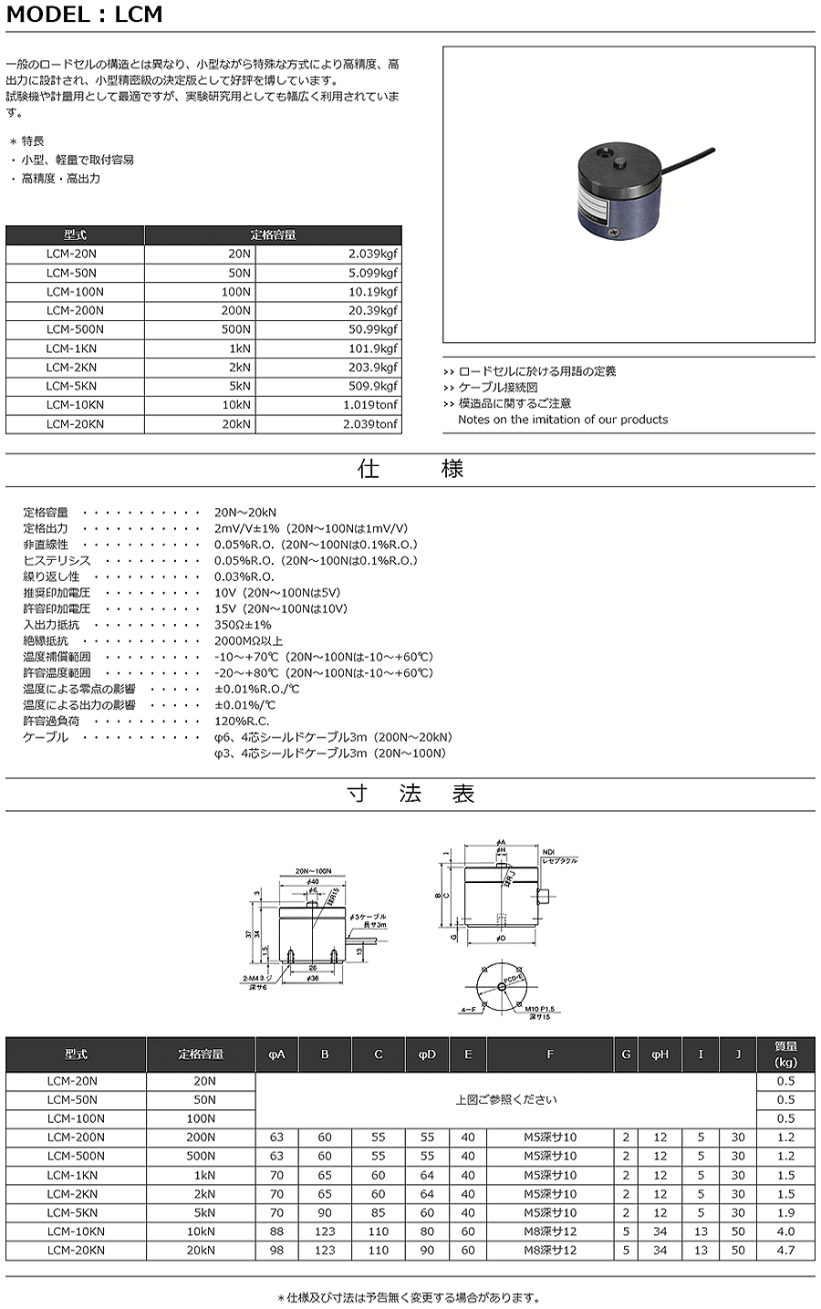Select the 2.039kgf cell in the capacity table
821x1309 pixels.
point(370,254)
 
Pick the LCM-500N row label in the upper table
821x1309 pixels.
point(75,329)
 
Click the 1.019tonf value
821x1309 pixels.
point(370,405)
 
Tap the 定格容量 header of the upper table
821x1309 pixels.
point(273,234)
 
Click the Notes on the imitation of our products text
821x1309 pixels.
point(562,420)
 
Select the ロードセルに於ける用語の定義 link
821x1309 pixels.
point(536,371)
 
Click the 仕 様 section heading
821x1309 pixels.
point(410,469)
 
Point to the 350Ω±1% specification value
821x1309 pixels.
point(243,625)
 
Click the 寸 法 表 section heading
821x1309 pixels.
point(410,794)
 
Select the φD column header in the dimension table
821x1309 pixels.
point(427,1054)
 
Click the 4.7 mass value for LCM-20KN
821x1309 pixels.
point(785,1251)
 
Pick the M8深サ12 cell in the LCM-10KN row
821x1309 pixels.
point(549,1231)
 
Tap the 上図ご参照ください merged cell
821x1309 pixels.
point(506,1099)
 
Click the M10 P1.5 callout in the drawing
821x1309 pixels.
point(539,1008)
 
